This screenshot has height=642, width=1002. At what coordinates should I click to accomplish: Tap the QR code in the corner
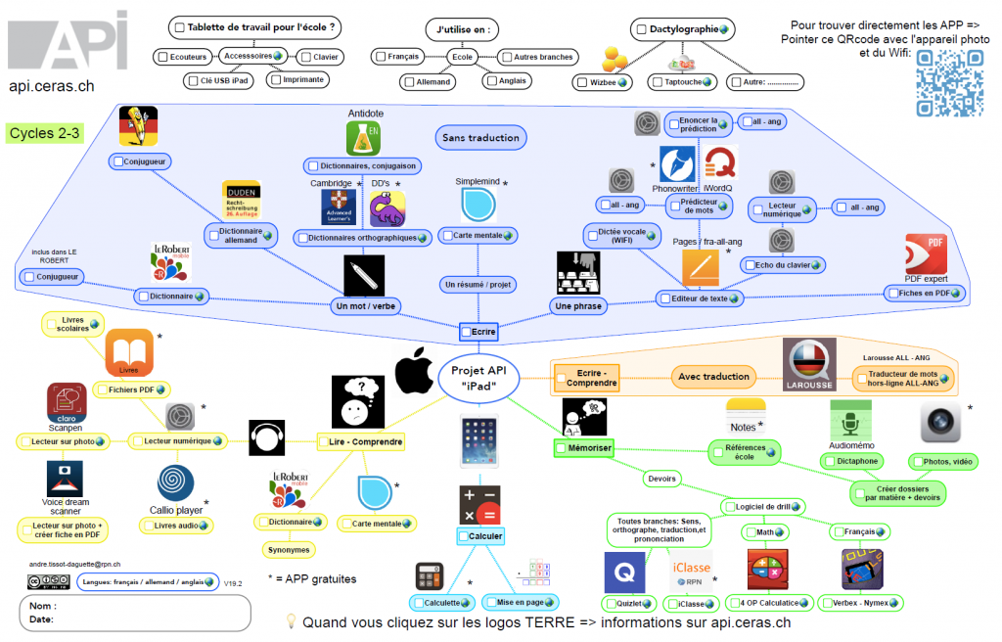tap(949, 83)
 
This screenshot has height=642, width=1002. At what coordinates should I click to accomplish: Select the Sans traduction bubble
tap(479, 138)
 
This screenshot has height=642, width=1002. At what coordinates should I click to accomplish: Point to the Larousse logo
tap(809, 364)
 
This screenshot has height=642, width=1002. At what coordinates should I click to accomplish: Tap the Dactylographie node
tap(683, 29)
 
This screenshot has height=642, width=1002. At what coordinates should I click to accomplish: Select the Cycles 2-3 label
tap(44, 133)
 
